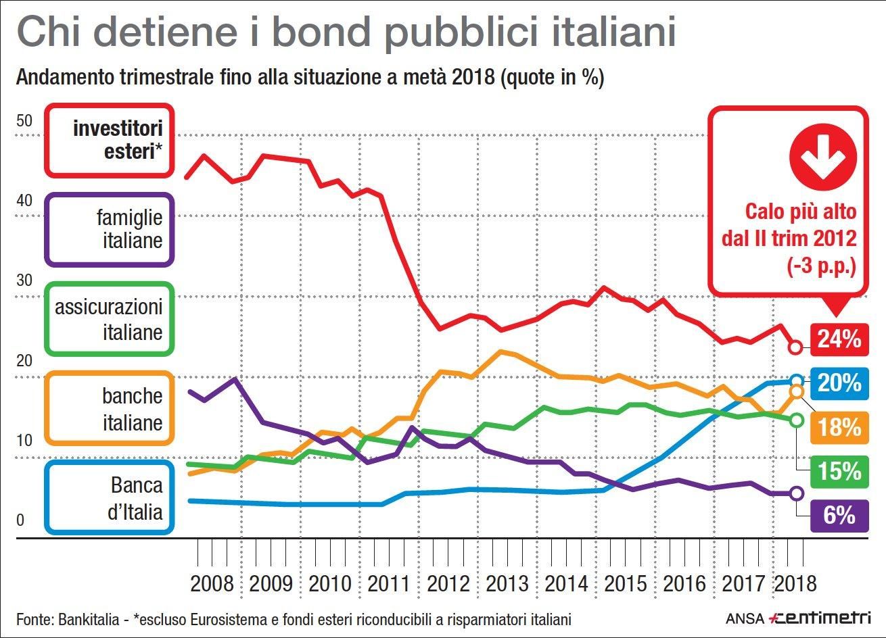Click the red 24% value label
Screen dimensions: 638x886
coord(839,338)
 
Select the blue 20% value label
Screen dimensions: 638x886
coord(839,383)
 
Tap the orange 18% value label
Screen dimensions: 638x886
coord(839,427)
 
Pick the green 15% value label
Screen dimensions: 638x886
coord(839,471)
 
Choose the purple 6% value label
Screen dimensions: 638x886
coord(839,516)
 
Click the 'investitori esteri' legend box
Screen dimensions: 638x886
coord(110,141)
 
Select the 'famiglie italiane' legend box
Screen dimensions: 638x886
coord(110,230)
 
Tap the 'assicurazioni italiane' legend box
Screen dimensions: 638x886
coord(110,319)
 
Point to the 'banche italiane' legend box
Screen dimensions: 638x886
coord(110,409)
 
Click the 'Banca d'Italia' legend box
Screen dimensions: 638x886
coord(110,497)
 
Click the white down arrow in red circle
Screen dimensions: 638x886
coord(822,157)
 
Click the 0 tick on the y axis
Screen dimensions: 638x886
coord(20,521)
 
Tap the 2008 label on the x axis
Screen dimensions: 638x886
coord(212,583)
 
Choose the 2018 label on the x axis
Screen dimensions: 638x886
coord(794,583)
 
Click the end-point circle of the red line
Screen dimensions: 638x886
coord(796,347)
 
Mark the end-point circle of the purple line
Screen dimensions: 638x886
coord(797,493)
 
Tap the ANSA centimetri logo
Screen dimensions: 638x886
coord(797,618)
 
